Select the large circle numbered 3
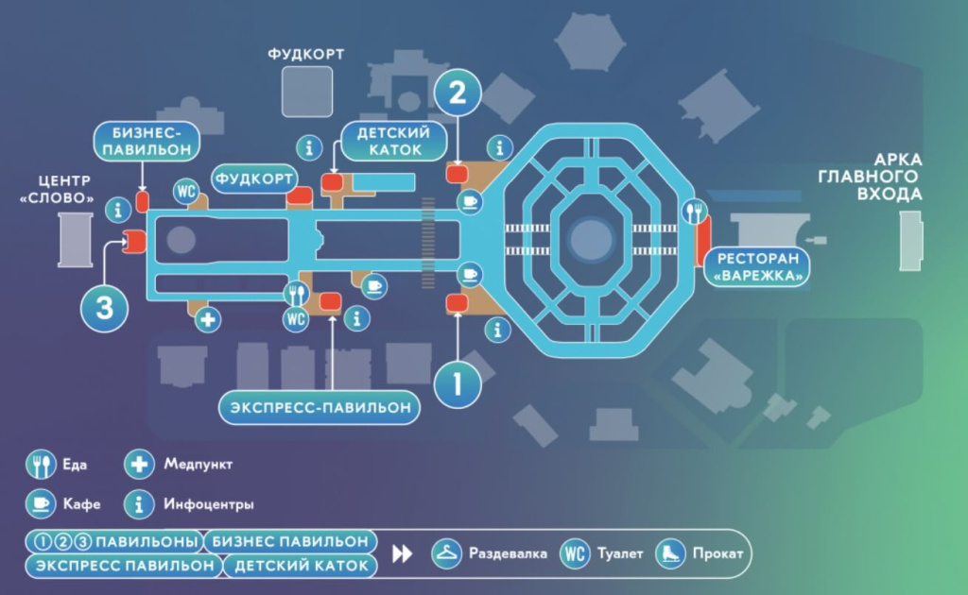pyautogui.click(x=104, y=307)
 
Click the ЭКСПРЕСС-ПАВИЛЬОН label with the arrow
pyautogui.click(x=320, y=408)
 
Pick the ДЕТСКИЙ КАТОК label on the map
pyautogui.click(x=393, y=141)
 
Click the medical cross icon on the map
pyautogui.click(x=208, y=319)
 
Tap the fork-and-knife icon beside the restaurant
pyautogui.click(x=697, y=210)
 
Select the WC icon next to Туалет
pyautogui.click(x=575, y=553)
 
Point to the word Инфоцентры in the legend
pyautogui.click(x=208, y=504)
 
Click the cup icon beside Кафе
pyautogui.click(x=40, y=504)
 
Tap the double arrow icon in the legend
pyautogui.click(x=403, y=554)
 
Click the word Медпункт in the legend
pyautogui.click(x=198, y=464)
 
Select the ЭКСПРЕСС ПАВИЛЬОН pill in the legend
pyautogui.click(x=125, y=567)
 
